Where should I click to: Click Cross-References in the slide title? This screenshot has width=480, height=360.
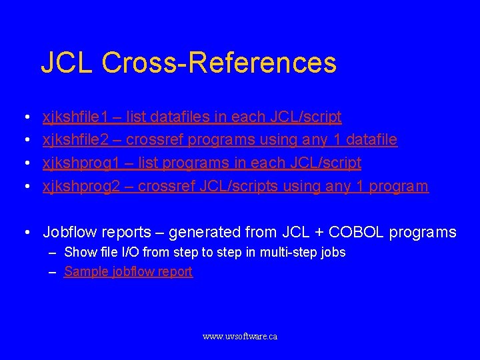pyautogui.click(x=219, y=63)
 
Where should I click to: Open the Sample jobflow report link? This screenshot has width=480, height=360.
pyautogui.click(x=128, y=271)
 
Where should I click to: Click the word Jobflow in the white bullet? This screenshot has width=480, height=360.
pyautogui.click(x=70, y=232)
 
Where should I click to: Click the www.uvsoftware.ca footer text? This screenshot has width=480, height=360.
pyautogui.click(x=240, y=337)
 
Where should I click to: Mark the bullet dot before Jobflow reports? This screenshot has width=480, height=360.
pyautogui.click(x=25, y=233)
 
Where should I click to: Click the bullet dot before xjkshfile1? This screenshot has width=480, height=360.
pyautogui.click(x=25, y=118)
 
